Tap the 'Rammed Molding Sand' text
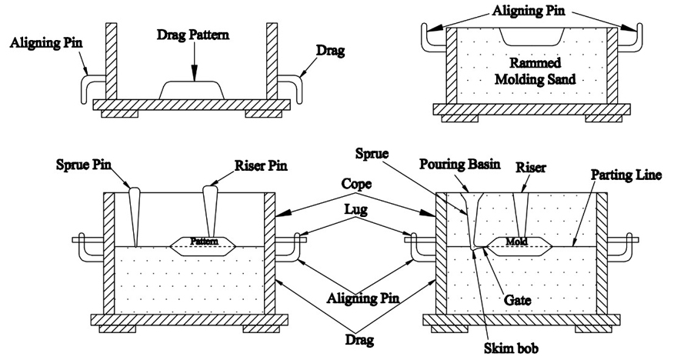pyautogui.click(x=531, y=71)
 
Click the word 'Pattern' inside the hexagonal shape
pyautogui.click(x=205, y=242)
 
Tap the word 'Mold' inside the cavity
pyautogui.click(x=515, y=242)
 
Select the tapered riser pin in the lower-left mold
pyautogui.click(x=209, y=206)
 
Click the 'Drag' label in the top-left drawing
pyautogui.click(x=331, y=50)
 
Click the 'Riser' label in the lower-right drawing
pyautogui.click(x=531, y=165)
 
